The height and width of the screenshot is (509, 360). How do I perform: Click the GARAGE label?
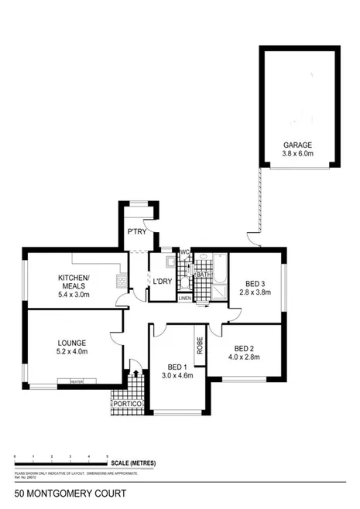coord(297,145)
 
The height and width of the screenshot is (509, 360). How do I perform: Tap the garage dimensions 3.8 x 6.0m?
coord(297,154)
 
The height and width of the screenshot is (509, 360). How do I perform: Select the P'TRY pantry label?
coord(137,232)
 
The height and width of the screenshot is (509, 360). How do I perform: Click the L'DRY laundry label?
coord(161,281)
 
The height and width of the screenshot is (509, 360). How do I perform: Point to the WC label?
coord(185,252)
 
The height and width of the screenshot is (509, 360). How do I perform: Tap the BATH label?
coord(204,275)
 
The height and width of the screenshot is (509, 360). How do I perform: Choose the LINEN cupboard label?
coord(184,298)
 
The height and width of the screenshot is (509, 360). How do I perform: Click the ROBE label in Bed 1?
coord(199,345)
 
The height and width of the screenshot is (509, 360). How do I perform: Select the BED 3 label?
coord(255,283)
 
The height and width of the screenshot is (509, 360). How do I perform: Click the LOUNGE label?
coord(71,342)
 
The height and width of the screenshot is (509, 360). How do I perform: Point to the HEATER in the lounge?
coord(77,381)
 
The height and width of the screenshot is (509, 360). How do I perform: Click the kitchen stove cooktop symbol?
coord(120,281)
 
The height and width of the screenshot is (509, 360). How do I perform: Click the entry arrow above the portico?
coord(136,373)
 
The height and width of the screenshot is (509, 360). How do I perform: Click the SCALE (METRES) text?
coord(133,463)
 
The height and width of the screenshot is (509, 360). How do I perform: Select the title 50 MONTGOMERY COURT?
coord(66,492)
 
